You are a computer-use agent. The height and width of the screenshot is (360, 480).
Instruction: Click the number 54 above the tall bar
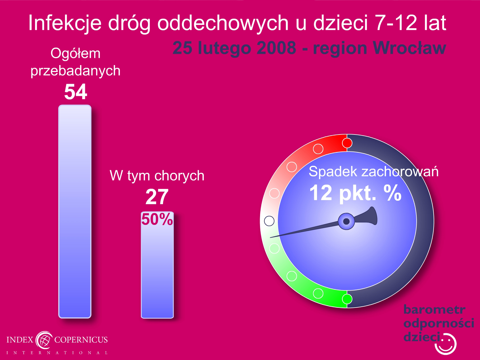point(76,92)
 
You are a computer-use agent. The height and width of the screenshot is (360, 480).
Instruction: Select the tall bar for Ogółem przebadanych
point(75,211)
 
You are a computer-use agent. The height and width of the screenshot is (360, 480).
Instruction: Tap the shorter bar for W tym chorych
point(157,265)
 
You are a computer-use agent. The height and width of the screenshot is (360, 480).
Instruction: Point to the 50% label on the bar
point(157,219)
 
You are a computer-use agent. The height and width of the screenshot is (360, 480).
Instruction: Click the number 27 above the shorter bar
point(157,197)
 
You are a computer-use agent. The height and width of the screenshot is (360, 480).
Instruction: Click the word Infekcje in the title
point(65,23)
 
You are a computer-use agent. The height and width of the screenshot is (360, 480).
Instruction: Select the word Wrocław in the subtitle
point(409,48)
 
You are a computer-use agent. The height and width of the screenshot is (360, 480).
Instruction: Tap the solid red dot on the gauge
point(347,143)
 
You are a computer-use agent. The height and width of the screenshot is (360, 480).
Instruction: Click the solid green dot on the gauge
point(347,299)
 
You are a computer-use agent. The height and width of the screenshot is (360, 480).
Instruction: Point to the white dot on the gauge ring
point(269,221)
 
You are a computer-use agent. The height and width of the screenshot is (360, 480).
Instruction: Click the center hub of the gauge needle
point(346,221)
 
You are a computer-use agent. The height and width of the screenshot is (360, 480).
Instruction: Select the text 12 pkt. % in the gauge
point(355,193)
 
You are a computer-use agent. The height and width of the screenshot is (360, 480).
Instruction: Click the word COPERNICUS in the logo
point(81,340)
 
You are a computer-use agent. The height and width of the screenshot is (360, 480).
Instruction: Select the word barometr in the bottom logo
point(434,310)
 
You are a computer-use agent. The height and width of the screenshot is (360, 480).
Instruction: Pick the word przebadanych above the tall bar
point(75,71)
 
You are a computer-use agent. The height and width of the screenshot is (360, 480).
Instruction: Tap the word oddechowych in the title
point(223,23)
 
